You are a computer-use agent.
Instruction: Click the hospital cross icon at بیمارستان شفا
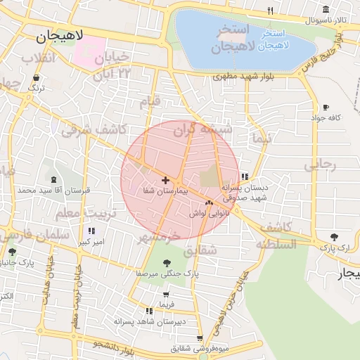(165, 181)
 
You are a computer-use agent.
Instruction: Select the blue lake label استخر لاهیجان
(272, 39)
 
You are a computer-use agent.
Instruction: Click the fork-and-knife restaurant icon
(270, 11)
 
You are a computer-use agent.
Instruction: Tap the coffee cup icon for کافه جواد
(325, 108)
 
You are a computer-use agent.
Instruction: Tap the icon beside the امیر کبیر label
(91, 231)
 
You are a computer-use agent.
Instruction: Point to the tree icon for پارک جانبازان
(12, 252)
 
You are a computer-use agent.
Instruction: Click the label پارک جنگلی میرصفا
(168, 272)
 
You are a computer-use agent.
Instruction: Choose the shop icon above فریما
(166, 295)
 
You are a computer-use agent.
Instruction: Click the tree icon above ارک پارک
(333, 237)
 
